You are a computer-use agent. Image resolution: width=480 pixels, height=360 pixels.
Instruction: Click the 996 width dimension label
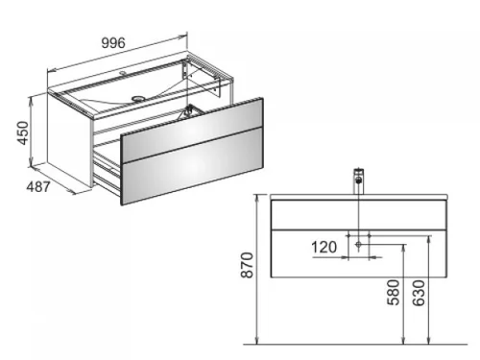[113, 43]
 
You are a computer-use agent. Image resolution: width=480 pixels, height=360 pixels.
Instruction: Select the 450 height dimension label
[23, 132]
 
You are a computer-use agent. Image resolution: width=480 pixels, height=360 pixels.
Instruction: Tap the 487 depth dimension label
[38, 187]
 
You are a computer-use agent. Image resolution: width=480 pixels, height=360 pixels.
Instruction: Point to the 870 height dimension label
[248, 265]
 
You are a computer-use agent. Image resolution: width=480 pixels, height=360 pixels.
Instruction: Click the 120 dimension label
[324, 247]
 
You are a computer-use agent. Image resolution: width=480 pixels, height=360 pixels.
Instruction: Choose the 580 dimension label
[394, 292]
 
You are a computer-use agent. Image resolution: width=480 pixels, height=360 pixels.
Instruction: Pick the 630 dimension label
[419, 293]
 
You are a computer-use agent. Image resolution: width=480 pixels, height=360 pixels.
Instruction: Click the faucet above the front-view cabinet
[359, 180]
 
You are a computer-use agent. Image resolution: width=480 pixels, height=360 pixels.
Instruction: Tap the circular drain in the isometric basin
[138, 98]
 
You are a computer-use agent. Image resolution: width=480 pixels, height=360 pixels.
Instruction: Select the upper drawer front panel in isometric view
[192, 127]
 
